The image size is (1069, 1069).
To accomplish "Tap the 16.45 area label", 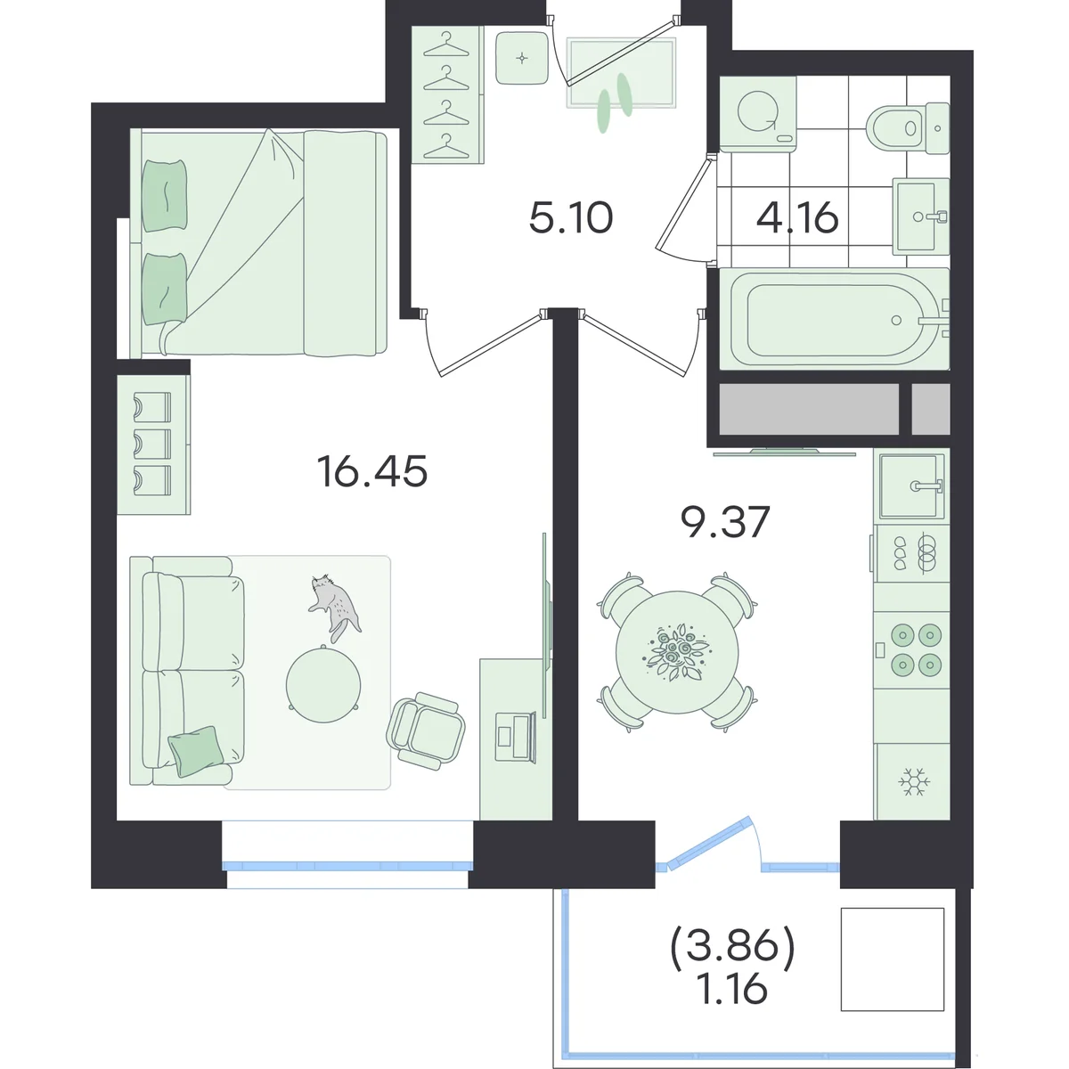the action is point(372,471).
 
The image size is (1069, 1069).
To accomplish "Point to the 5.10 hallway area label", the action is point(571,218).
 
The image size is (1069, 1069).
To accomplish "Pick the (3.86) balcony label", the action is point(733,945).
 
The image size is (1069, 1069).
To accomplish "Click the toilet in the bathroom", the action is point(908,128).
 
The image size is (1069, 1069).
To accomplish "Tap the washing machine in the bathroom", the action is point(758,113).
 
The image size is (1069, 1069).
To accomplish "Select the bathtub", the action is point(835,318).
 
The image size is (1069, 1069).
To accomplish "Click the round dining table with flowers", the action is point(677,652).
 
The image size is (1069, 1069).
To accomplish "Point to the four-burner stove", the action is point(911,649).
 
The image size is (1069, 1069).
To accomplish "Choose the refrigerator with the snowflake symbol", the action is point(911,781).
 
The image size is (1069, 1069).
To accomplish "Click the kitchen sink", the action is point(912,486).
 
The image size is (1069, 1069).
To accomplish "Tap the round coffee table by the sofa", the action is point(323,684).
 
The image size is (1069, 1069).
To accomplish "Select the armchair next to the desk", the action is point(426,730).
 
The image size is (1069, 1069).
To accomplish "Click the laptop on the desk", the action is point(515,737).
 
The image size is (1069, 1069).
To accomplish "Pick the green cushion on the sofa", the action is point(195,751).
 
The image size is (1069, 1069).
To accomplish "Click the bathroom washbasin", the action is point(920,216).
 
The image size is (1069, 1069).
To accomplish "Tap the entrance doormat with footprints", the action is point(621,73).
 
